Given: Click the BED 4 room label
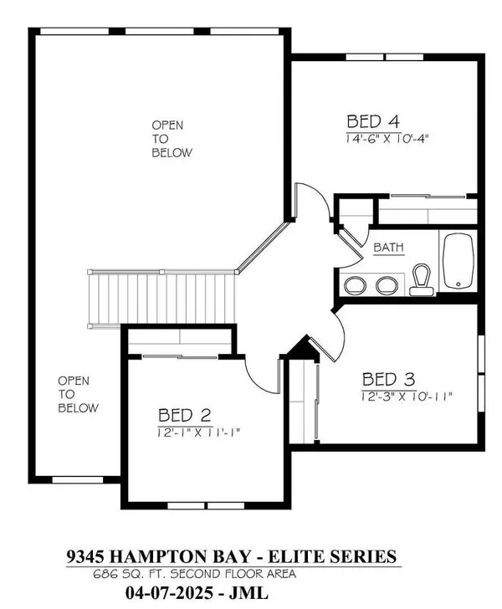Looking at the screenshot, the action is pyautogui.click(x=372, y=121).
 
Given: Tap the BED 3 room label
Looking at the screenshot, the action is pyautogui.click(x=388, y=380).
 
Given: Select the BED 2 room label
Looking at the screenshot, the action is pyautogui.click(x=185, y=416).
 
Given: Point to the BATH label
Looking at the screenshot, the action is pyautogui.click(x=388, y=248).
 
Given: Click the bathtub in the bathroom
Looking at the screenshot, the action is pyautogui.click(x=458, y=261).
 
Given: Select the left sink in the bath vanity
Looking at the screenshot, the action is pyautogui.click(x=355, y=285).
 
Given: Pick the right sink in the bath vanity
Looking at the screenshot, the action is pyautogui.click(x=387, y=285).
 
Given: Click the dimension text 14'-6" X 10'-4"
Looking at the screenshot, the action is pyautogui.click(x=387, y=139).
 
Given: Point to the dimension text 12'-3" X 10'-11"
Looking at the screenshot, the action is pyautogui.click(x=407, y=397).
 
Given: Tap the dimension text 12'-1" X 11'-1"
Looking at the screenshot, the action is pyautogui.click(x=199, y=432).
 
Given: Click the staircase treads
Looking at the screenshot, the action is pyautogui.click(x=162, y=299).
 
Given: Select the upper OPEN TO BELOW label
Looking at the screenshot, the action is pyautogui.click(x=172, y=139).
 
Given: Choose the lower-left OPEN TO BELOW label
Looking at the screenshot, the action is pyautogui.click(x=78, y=394).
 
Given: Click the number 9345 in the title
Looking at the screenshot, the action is pyautogui.click(x=85, y=556).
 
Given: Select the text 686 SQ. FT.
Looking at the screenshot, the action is pyautogui.click(x=131, y=574).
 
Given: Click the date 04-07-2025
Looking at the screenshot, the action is pyautogui.click(x=169, y=592).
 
